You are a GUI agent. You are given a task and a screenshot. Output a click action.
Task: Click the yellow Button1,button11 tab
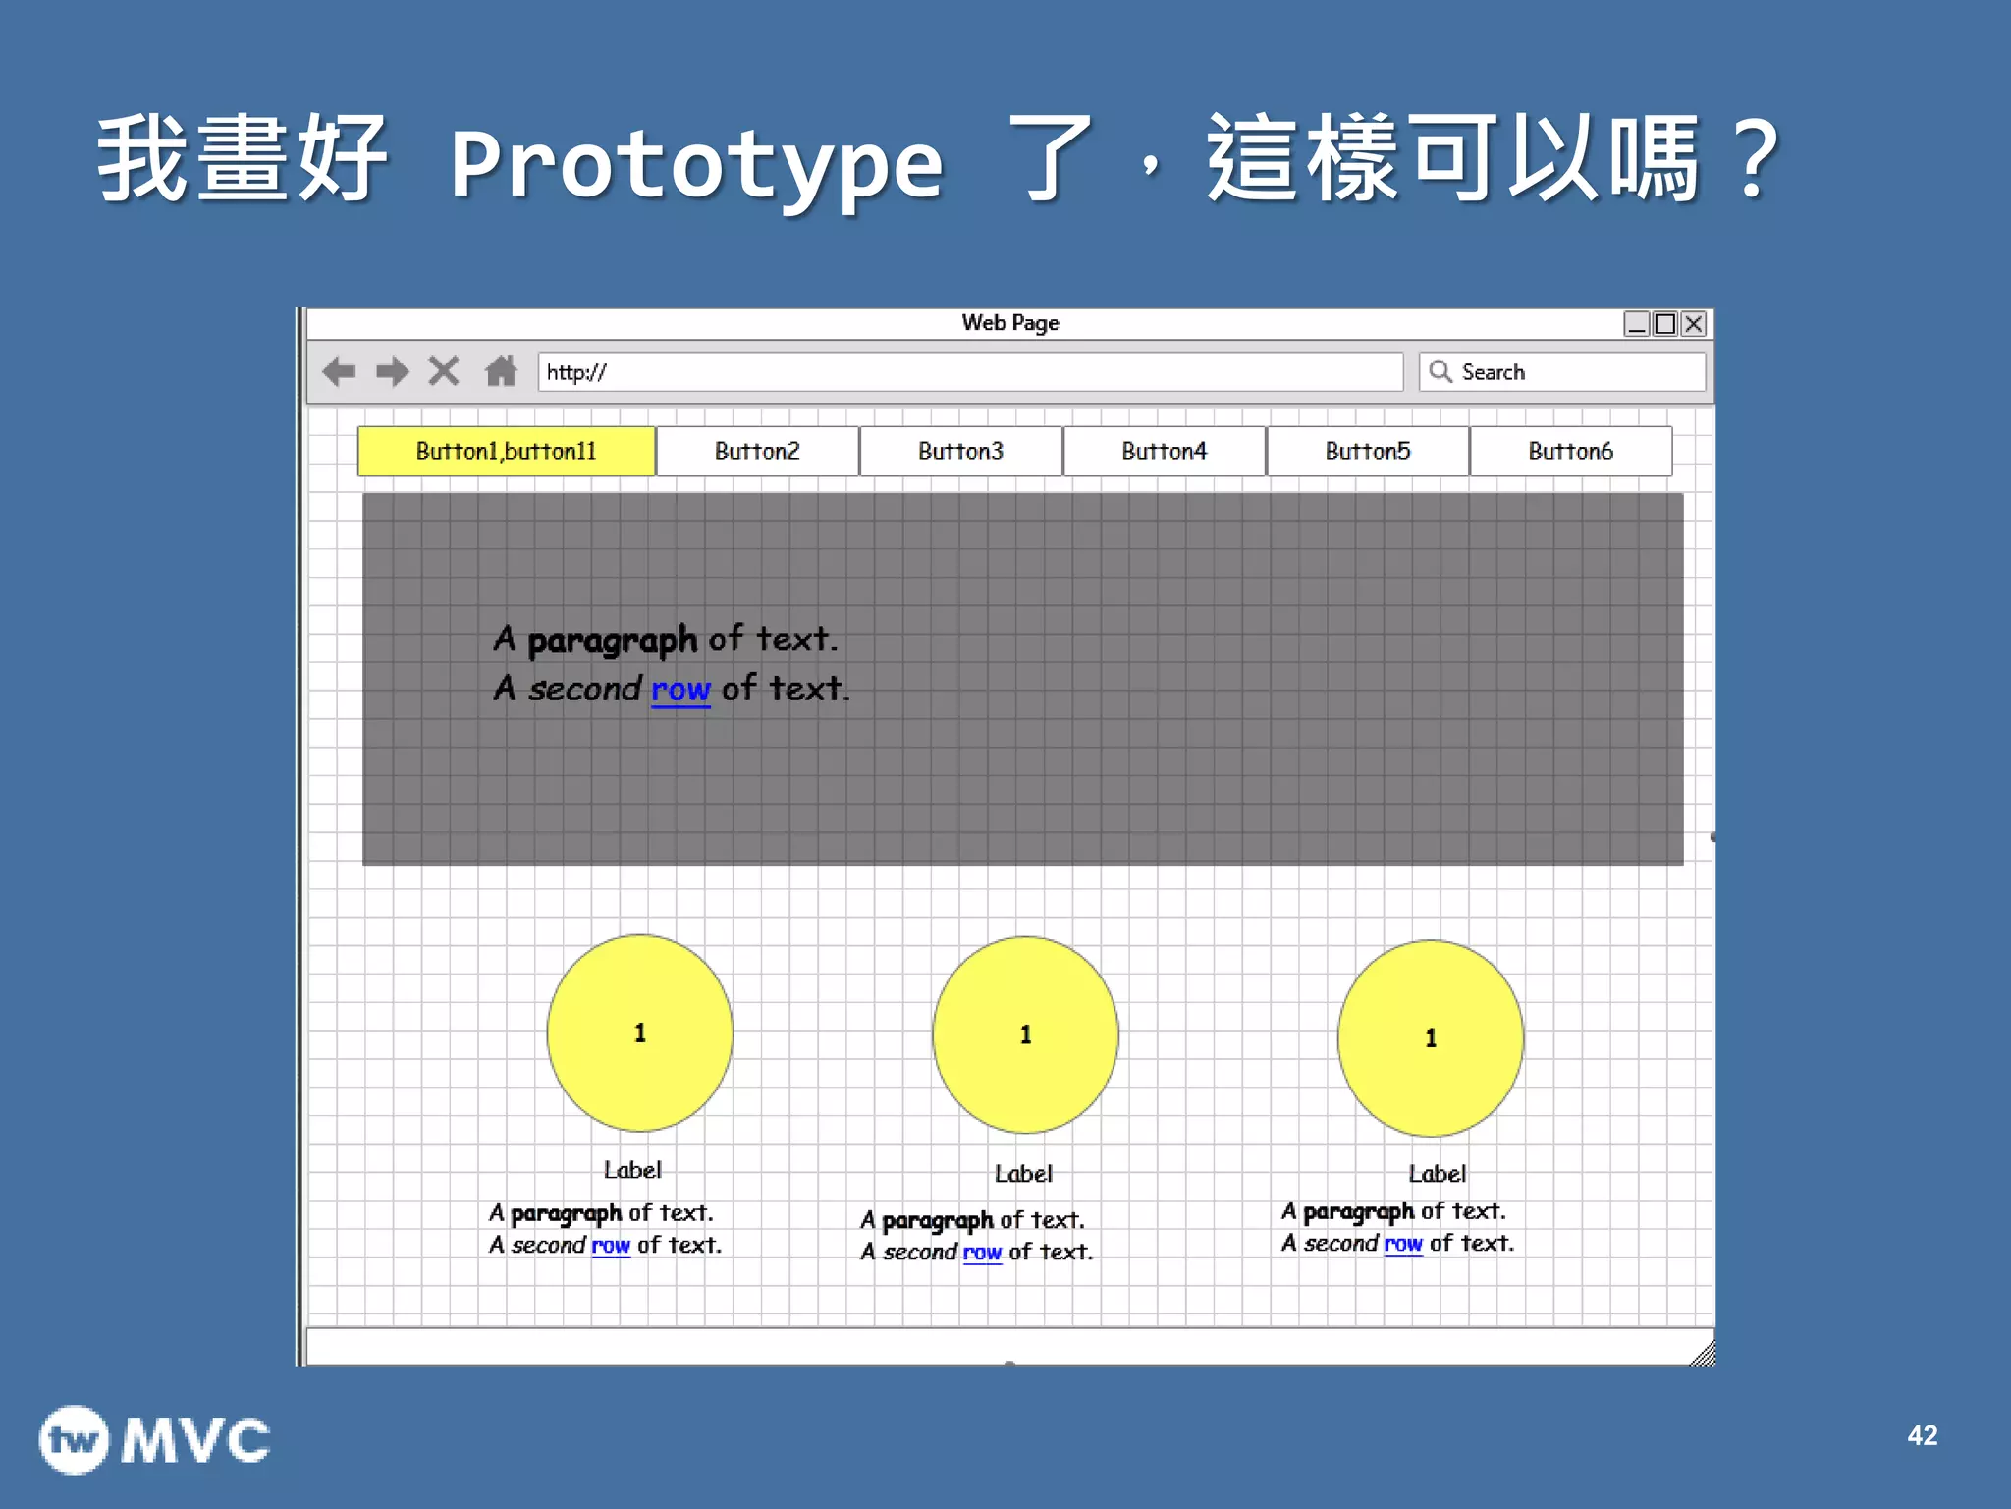click(x=506, y=451)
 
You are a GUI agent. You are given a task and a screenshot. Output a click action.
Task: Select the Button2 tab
click(x=757, y=451)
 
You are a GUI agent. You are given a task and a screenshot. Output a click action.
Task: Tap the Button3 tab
click(x=960, y=451)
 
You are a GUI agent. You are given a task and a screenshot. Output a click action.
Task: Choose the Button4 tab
click(x=1164, y=451)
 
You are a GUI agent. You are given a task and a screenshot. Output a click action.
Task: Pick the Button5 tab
click(x=1367, y=451)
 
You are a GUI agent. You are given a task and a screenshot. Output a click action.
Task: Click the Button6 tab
click(x=1570, y=451)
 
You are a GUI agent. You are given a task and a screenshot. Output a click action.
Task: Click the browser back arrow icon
click(x=340, y=371)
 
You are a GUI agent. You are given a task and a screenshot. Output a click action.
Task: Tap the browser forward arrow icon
click(x=393, y=371)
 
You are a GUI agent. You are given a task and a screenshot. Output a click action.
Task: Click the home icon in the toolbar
click(x=501, y=371)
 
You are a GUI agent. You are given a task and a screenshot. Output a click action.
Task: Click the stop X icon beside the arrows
click(x=444, y=371)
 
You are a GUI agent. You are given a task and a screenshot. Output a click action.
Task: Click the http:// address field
click(x=970, y=372)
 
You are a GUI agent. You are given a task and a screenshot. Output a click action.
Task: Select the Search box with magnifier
click(x=1561, y=372)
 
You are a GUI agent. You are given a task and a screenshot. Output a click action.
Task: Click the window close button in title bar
click(x=1694, y=324)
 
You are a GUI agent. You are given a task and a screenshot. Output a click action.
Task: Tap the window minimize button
click(x=1636, y=324)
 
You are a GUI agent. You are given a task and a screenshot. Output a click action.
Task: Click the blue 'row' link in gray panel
click(x=680, y=690)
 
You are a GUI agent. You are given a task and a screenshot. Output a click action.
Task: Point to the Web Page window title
click(x=1010, y=323)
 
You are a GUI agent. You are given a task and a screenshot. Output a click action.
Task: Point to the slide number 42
click(x=1922, y=1435)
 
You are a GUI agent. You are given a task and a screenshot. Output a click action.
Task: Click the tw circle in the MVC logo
click(x=75, y=1440)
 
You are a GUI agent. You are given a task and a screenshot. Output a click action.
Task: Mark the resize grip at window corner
click(x=1704, y=1354)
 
